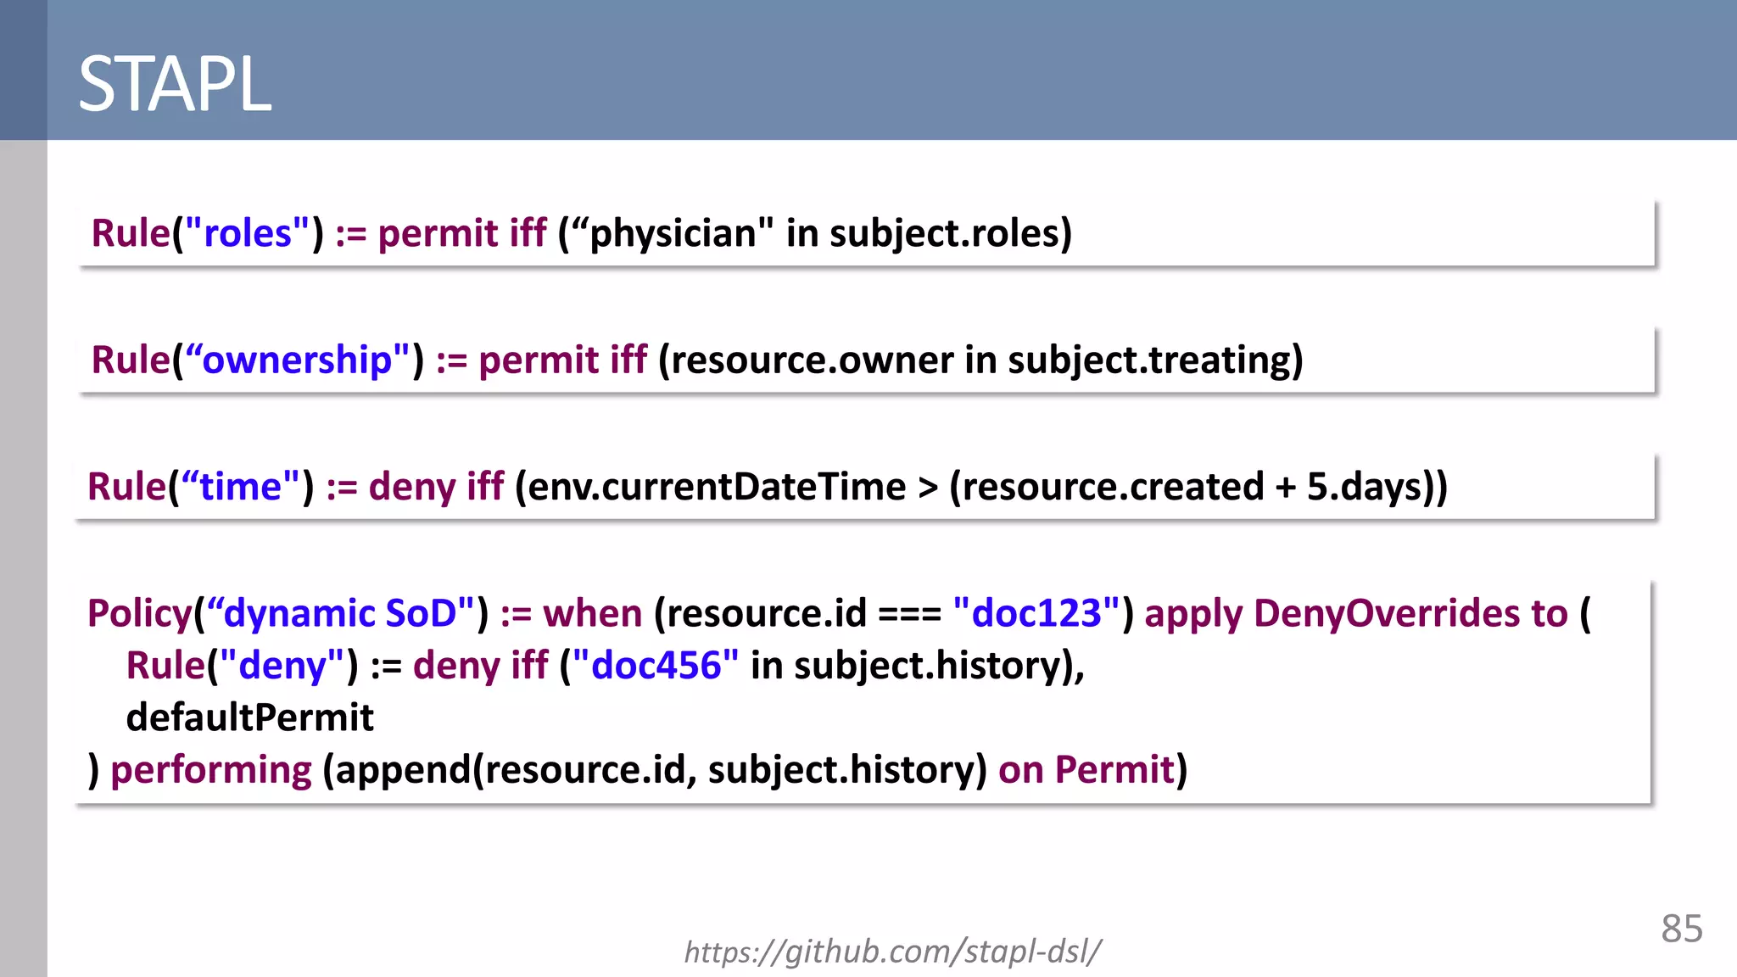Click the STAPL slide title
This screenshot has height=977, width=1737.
[175, 84]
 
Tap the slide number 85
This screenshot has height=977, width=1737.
[1681, 929]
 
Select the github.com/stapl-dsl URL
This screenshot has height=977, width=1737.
[892, 952]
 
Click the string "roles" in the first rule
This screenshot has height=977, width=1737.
[248, 233]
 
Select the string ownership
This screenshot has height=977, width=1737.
[297, 360]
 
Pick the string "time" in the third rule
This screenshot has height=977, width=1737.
[240, 487]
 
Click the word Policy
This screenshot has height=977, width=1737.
[140, 613]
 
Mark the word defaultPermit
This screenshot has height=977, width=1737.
[249, 717]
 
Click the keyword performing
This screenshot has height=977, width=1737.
[211, 770]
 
